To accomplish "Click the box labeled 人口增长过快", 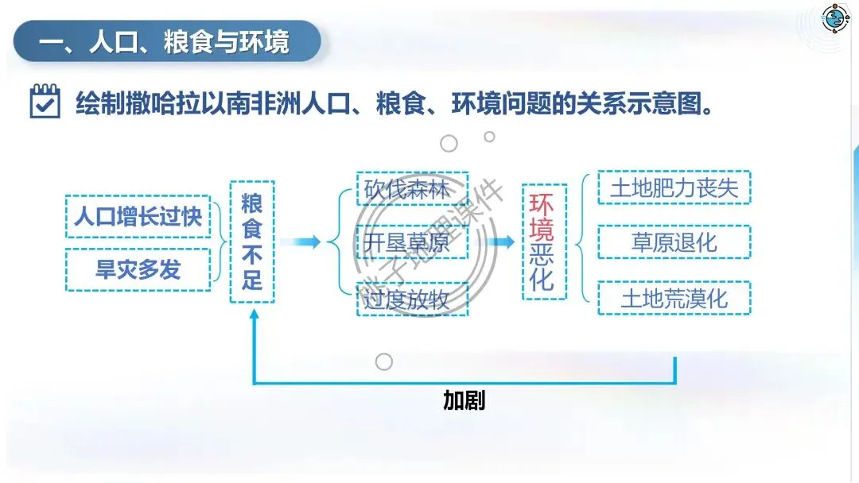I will pyautogui.click(x=138, y=217).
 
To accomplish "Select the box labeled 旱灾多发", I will pyautogui.click(x=138, y=269).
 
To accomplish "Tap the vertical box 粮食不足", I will pyautogui.click(x=252, y=241).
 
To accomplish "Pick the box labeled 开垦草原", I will pyautogui.click(x=412, y=242).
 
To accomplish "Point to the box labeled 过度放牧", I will pyautogui.click(x=412, y=299).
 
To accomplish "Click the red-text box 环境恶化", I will pyautogui.click(x=544, y=241).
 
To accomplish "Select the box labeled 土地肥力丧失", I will pyautogui.click(x=674, y=188).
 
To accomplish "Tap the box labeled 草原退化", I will pyautogui.click(x=674, y=242).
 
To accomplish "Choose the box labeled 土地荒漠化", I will pyautogui.click(x=674, y=299).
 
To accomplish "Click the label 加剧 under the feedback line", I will pyautogui.click(x=464, y=401).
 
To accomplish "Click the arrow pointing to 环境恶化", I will pyautogui.click(x=500, y=242).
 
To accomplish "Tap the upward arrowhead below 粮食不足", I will pyautogui.click(x=253, y=315).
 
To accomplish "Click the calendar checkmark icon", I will pyautogui.click(x=45, y=102).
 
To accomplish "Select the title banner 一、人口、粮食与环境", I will pyautogui.click(x=167, y=42).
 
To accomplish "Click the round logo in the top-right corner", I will pyautogui.click(x=834, y=18).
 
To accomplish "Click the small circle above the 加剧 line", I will pyautogui.click(x=384, y=362).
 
